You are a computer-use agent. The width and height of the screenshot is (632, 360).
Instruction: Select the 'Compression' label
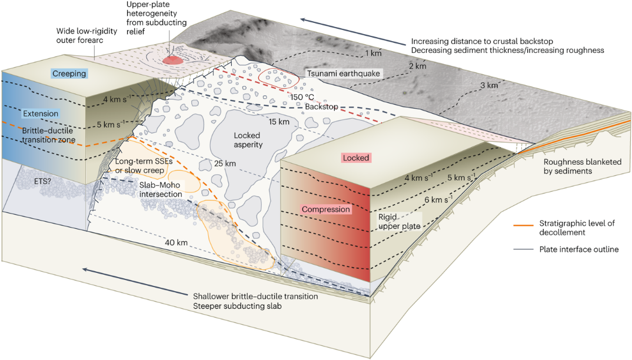[326, 209]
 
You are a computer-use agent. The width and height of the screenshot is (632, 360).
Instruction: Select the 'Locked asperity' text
[244, 140]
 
